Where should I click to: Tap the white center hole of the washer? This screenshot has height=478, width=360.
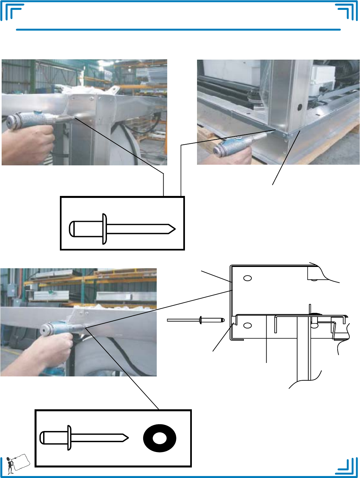[x=160, y=438]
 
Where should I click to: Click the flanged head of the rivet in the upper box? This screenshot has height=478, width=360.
[x=104, y=229]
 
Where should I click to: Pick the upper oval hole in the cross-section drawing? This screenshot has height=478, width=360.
[x=247, y=278]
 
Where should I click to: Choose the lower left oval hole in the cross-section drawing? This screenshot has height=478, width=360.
[x=247, y=325]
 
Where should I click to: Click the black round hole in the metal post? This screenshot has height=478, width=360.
[x=299, y=108]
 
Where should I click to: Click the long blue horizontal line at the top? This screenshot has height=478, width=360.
[x=178, y=30]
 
